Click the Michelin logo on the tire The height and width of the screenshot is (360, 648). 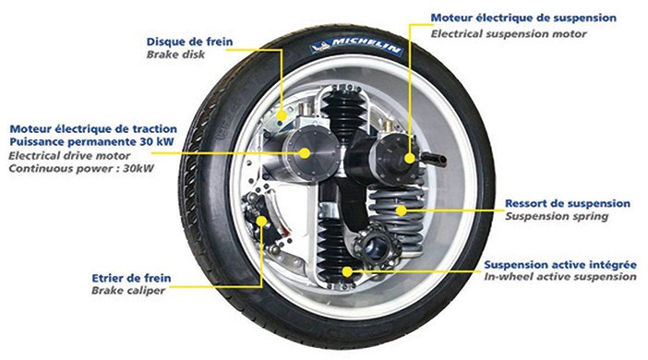(x=356, y=46)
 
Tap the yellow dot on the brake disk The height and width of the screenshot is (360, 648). (x=282, y=115)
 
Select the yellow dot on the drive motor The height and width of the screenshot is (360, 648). (x=305, y=153)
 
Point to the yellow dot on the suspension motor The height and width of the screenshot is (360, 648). (x=410, y=158)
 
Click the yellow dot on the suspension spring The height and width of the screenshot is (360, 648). (x=401, y=210)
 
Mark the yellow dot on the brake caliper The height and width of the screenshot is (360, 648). (x=261, y=222)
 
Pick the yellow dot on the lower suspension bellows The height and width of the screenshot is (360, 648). (x=348, y=271)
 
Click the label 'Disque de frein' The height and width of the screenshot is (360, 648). (x=189, y=42)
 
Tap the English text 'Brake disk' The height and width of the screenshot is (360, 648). (x=175, y=54)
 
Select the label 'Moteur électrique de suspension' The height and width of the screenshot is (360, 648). (x=523, y=18)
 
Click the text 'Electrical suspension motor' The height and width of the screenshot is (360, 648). (x=509, y=34)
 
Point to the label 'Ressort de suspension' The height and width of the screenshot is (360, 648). (x=568, y=204)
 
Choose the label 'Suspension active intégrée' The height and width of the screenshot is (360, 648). (x=560, y=265)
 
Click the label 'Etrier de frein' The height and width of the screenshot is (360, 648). (x=131, y=278)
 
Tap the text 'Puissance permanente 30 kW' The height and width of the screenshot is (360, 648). (x=91, y=142)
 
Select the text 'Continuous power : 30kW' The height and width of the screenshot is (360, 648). (x=81, y=169)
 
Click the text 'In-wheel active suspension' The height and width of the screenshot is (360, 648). (x=560, y=277)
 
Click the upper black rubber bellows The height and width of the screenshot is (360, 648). (x=343, y=114)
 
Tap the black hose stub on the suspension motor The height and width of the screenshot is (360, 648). (x=434, y=158)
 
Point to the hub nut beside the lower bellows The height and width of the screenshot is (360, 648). (x=377, y=246)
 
